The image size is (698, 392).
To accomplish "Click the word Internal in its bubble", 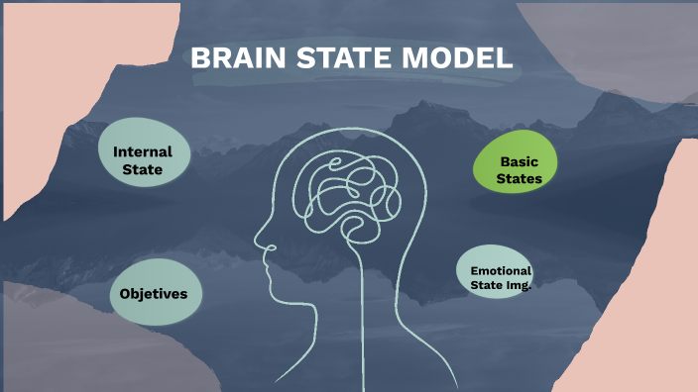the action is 143,152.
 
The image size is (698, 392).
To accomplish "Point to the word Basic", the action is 519,160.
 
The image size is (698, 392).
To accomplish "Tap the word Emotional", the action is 501,270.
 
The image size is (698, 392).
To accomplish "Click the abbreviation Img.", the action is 520,285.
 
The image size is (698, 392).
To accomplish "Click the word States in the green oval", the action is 519,179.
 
